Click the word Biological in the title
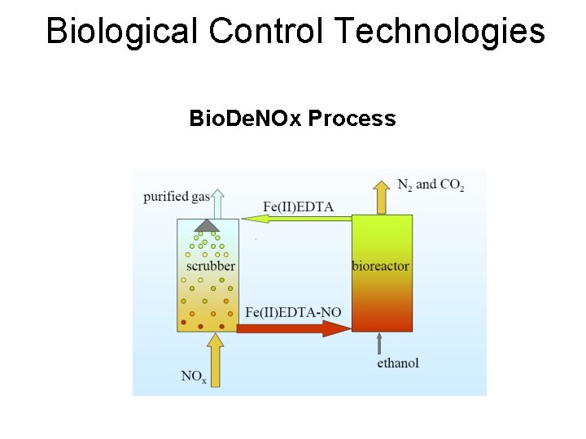(122, 32)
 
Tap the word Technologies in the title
(439, 32)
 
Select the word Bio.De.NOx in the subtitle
(247, 119)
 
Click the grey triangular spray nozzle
(208, 224)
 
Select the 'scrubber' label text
(210, 266)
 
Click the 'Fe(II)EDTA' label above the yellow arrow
(299, 206)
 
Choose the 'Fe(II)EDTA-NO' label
(293, 312)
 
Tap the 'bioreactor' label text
(380, 266)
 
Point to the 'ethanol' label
(398, 363)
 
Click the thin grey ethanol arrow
(379, 344)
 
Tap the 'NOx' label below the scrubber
(194, 376)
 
